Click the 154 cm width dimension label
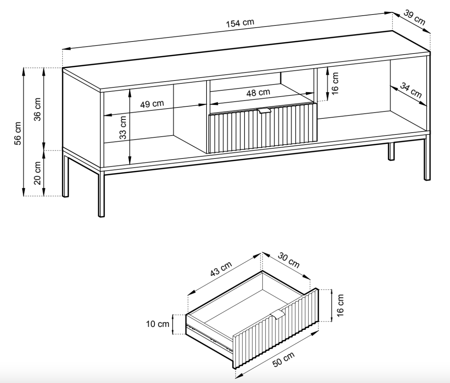click(240, 23)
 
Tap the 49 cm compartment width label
click(152, 104)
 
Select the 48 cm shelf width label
click(258, 93)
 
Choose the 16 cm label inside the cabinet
click(335, 83)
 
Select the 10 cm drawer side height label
click(158, 324)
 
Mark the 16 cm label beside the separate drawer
click(340, 305)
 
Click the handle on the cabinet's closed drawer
click(264, 111)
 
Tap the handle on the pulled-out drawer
click(279, 314)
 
